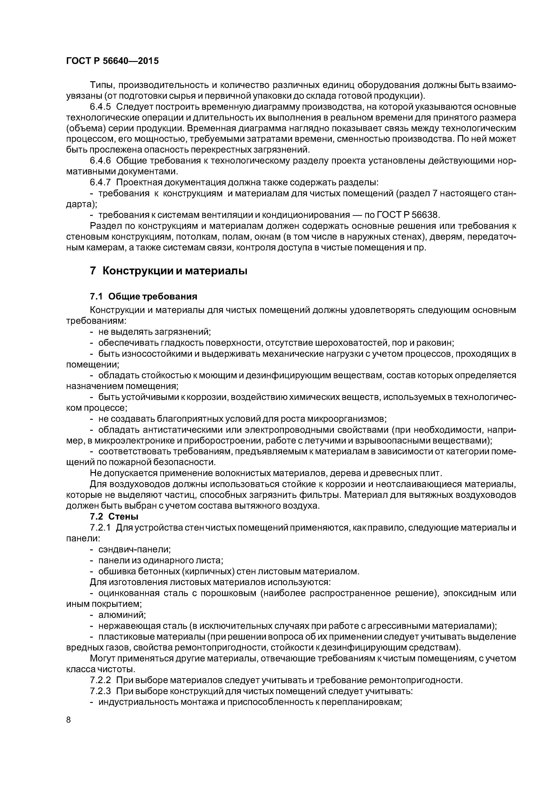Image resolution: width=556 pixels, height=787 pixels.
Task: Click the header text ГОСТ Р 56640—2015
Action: click(x=112, y=61)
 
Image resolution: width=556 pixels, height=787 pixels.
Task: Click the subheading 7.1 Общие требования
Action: click(x=143, y=296)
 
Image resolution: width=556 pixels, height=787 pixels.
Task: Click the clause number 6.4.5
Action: click(x=100, y=107)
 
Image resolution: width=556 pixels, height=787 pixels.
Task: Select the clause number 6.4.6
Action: click(x=100, y=160)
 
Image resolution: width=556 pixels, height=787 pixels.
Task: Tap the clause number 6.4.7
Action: click(x=100, y=182)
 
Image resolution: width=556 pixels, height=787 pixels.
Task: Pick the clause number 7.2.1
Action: click(x=100, y=527)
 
